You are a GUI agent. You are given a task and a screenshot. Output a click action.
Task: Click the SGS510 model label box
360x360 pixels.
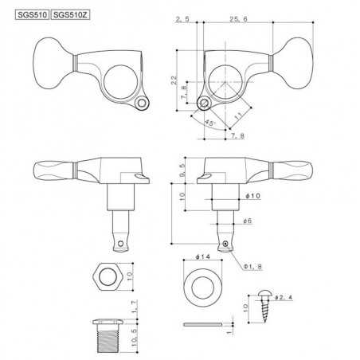(32, 14)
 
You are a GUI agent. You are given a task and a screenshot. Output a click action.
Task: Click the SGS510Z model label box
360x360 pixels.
(70, 14)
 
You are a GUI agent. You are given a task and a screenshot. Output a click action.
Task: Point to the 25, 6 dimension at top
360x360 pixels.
(238, 19)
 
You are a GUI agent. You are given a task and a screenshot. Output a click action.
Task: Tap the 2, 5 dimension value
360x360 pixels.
(182, 19)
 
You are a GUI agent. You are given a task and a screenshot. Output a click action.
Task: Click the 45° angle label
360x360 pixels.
(210, 123)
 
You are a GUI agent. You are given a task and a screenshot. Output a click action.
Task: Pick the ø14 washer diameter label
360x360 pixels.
(202, 256)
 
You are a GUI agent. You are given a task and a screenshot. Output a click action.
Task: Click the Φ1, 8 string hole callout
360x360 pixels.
(252, 266)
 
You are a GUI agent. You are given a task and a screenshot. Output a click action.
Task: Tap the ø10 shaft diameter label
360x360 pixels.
(253, 196)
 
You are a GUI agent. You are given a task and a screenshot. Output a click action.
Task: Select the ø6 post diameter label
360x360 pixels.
(247, 221)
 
